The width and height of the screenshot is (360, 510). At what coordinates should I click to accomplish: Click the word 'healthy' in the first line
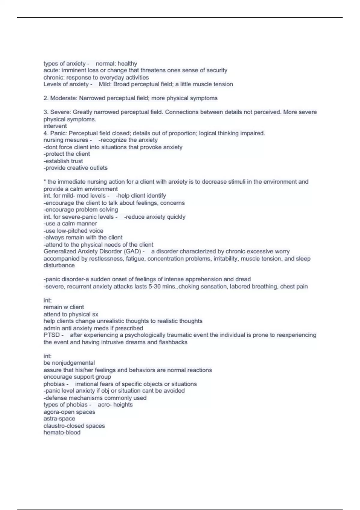(x=127, y=64)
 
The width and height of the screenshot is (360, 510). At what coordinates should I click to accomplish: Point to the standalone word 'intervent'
(x=55, y=126)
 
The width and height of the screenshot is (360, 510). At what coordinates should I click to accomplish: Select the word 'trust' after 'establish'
(x=77, y=161)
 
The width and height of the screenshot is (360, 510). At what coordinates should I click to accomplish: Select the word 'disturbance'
(x=59, y=265)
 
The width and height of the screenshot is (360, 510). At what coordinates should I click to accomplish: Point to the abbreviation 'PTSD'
(x=52, y=335)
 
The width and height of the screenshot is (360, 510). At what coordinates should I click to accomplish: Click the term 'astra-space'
(x=59, y=419)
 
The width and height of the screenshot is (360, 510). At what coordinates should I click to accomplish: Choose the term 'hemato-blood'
(x=62, y=433)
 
